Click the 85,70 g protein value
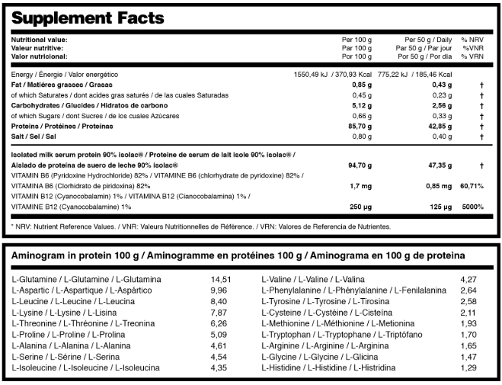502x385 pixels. click(357, 126)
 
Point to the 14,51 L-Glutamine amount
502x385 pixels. click(220, 279)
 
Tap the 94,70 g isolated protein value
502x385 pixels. click(357, 164)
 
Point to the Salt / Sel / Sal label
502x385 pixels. click(31, 136)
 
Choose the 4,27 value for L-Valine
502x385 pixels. click(468, 279)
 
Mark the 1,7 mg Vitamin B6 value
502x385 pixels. click(360, 185)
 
